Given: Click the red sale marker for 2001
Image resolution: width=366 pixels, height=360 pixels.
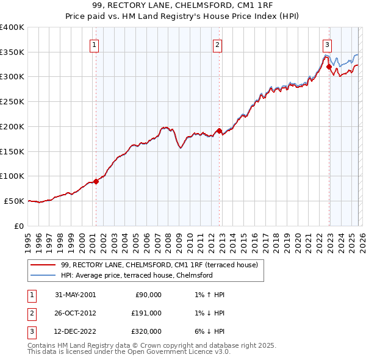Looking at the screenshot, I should point(96,181).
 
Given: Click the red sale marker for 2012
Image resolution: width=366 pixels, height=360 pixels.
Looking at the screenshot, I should point(220,131).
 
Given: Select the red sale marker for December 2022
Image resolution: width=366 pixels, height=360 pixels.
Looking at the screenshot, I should point(329,67).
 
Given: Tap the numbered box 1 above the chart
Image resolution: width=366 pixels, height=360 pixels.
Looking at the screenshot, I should point(95,44).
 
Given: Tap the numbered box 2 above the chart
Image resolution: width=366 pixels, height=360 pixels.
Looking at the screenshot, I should point(218,44).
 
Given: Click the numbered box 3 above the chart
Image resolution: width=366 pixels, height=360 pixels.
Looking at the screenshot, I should point(328,44).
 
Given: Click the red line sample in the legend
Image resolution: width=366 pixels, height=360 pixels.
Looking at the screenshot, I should point(43,265).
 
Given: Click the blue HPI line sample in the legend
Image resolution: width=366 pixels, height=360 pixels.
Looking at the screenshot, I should point(43,276).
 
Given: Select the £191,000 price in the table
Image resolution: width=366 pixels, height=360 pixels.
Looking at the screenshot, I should point(146,313).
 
